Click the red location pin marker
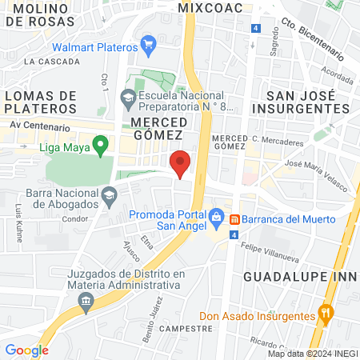coord(181,163)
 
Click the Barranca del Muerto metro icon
coord(235,218)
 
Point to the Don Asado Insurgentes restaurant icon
coord(325,313)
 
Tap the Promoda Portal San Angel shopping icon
coord(216,217)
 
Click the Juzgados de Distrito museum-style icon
coord(85,301)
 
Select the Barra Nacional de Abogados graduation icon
coord(108,194)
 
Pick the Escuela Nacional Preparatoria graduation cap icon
coord(127,98)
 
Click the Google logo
coord(26,350)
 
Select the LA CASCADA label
coord(51,61)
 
